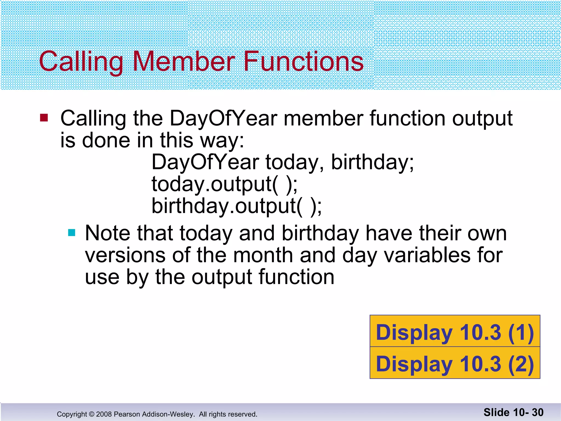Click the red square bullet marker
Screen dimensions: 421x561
(44, 118)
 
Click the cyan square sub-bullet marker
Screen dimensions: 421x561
(71, 233)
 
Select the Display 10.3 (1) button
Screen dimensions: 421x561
(455, 332)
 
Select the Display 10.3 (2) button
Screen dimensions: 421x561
(455, 363)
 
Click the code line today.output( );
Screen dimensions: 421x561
(224, 184)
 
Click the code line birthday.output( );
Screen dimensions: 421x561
(237, 206)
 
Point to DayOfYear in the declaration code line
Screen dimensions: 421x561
(205, 162)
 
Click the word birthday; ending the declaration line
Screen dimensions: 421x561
(372, 162)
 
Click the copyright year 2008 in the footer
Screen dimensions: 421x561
(104, 414)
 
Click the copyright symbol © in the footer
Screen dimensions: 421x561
(91, 414)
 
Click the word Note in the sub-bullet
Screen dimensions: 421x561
(107, 233)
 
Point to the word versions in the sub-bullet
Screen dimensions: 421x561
(125, 255)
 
